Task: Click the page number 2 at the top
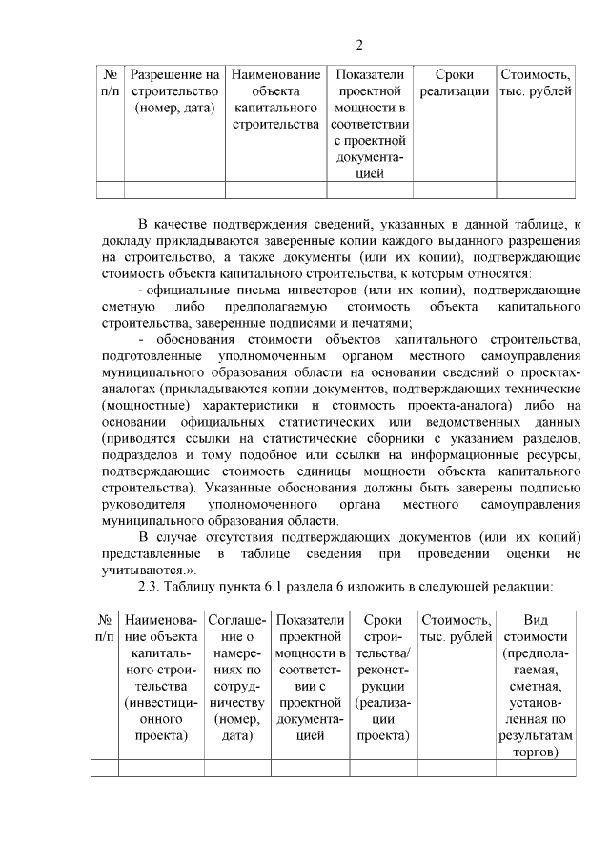coord(359,45)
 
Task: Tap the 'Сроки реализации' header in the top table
coord(454,83)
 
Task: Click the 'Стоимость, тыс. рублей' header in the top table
coord(536,83)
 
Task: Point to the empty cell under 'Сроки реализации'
coord(454,190)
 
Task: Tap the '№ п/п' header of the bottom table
coord(105,628)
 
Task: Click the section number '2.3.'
coord(154,587)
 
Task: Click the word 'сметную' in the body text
coord(127,306)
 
